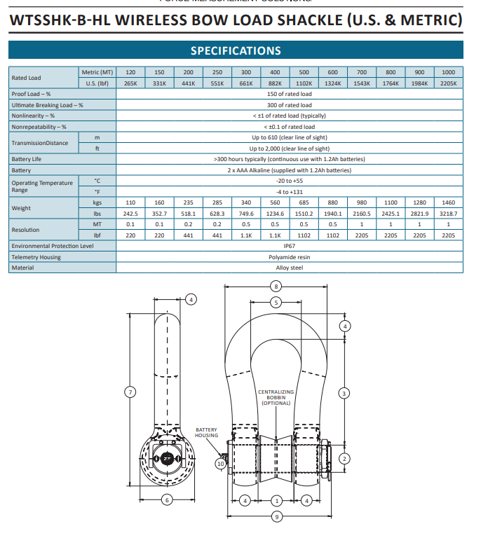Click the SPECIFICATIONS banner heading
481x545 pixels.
(x=236, y=50)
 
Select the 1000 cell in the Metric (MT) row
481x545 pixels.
(x=448, y=72)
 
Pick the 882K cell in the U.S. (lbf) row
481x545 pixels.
(x=275, y=83)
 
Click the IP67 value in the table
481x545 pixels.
(x=289, y=246)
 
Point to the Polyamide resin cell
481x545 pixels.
(x=289, y=257)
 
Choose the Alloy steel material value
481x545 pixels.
(x=289, y=268)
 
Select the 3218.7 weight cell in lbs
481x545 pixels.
(x=448, y=213)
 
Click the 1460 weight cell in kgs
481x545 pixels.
(x=448, y=202)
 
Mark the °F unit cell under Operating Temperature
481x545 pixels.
(x=97, y=191)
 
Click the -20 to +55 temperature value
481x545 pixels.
(x=289, y=181)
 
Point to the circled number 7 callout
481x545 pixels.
(x=129, y=392)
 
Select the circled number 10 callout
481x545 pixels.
(x=221, y=463)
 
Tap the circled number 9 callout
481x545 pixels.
(x=276, y=517)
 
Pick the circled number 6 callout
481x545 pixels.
(x=167, y=499)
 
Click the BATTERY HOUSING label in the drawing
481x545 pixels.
(x=206, y=433)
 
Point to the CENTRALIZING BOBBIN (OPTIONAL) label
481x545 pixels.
(x=276, y=397)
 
